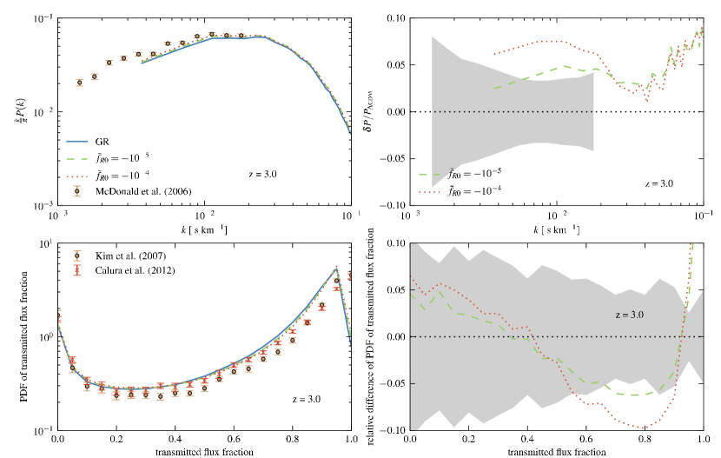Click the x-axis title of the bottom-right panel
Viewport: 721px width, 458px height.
click(x=560, y=452)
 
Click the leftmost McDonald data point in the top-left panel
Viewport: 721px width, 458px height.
click(x=80, y=83)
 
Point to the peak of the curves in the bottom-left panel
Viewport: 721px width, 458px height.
click(x=335, y=269)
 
